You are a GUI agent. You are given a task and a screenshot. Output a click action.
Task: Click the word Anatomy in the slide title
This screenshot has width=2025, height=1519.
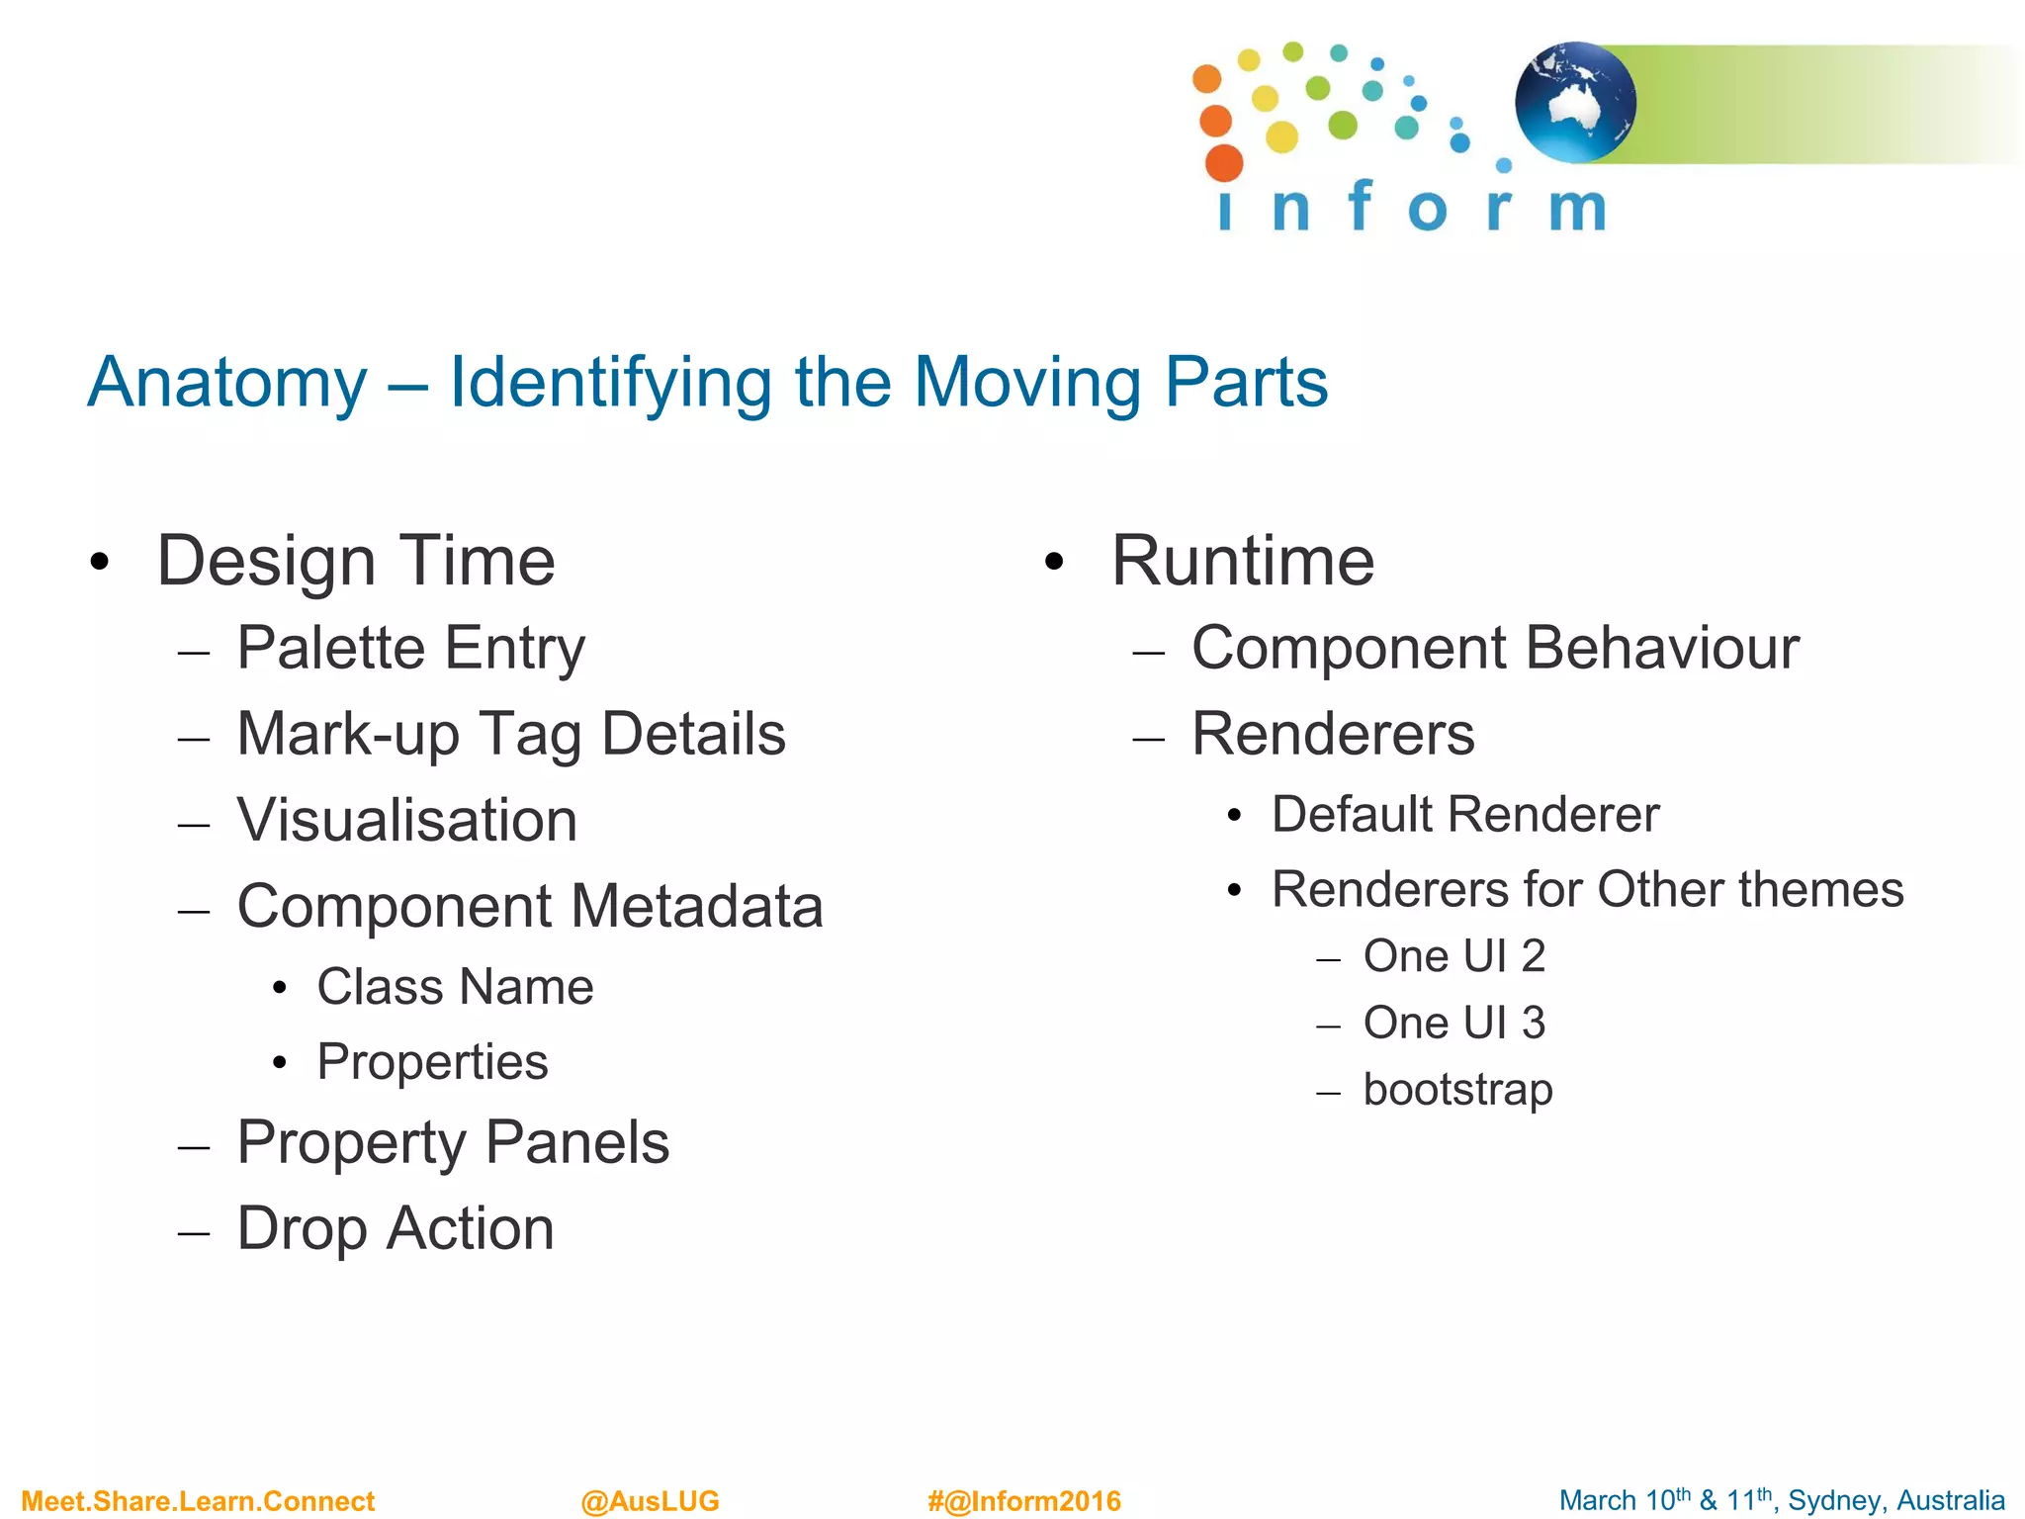[227, 383]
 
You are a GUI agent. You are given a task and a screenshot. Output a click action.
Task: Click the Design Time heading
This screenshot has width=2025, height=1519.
[356, 561]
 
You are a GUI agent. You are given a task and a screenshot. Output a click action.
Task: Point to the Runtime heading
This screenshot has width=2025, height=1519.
[1242, 561]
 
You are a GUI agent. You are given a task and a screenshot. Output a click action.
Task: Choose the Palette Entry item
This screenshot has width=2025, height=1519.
[410, 649]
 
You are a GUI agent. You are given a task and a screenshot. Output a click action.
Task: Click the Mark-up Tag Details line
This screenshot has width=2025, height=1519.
[510, 735]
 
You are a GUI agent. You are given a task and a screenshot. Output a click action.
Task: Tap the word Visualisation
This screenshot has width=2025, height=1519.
[406, 821]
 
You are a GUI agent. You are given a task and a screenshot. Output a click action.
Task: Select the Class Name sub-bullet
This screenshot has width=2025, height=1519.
[455, 987]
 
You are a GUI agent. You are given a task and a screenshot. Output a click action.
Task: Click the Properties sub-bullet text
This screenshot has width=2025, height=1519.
[432, 1062]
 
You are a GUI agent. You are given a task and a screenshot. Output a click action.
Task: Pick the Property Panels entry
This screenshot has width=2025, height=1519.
[453, 1143]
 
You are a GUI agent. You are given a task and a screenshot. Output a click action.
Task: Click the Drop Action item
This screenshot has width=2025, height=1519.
[396, 1229]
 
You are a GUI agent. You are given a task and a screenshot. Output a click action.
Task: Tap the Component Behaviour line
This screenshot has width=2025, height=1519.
[1495, 649]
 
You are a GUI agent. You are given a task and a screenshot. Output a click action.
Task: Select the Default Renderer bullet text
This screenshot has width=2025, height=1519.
[1464, 815]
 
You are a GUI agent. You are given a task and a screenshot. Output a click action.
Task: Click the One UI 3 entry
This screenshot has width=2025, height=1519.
[1453, 1023]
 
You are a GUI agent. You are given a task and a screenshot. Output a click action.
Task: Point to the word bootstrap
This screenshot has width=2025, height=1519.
[1457, 1090]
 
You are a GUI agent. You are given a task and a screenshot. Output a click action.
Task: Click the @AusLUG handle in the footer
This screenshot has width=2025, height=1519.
[650, 1501]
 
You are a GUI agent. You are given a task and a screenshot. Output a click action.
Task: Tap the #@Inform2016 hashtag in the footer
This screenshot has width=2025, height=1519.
[1024, 1501]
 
